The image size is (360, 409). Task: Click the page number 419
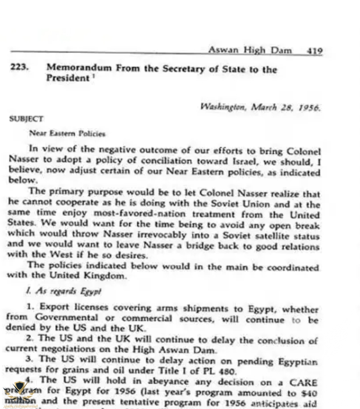pyautogui.click(x=314, y=51)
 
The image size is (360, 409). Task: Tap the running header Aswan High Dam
pyautogui.click(x=250, y=50)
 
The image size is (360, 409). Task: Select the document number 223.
pyautogui.click(x=19, y=67)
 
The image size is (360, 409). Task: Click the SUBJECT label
pyautogui.click(x=26, y=119)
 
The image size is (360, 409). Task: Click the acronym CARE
pyautogui.click(x=302, y=382)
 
